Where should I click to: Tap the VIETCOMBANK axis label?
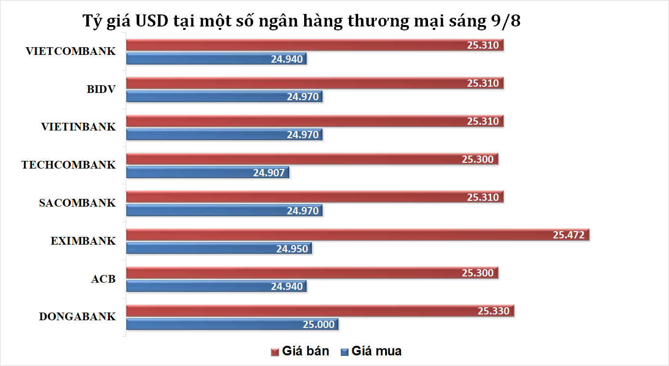(71, 52)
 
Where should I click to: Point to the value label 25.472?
(568, 235)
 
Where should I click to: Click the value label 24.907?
(269, 172)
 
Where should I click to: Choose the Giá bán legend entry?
(300, 351)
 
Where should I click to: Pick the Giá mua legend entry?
(371, 351)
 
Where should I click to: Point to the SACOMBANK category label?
(77, 203)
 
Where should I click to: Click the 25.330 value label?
(493, 311)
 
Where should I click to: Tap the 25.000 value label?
(318, 325)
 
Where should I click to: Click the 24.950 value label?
(292, 248)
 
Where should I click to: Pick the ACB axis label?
(103, 279)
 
